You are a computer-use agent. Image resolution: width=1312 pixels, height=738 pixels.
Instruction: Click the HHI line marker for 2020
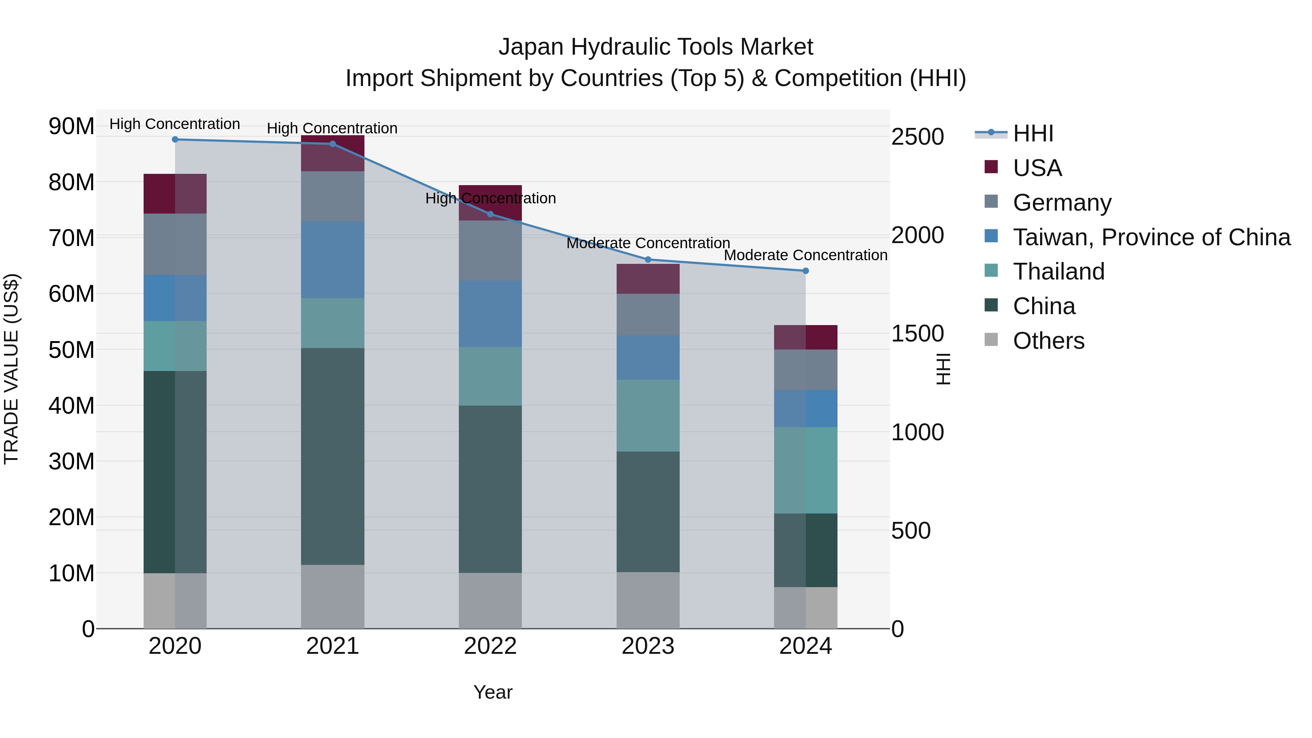(175, 140)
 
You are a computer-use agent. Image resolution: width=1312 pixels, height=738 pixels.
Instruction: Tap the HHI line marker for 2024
(806, 271)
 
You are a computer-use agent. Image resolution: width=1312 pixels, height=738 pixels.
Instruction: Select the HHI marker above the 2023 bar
(648, 260)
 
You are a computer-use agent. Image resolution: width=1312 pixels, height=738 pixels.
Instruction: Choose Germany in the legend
(1062, 203)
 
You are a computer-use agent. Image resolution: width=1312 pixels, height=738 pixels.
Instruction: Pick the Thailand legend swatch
(991, 270)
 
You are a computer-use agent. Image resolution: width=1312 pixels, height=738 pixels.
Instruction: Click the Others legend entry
(1048, 341)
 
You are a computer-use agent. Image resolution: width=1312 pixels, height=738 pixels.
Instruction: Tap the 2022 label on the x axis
(491, 646)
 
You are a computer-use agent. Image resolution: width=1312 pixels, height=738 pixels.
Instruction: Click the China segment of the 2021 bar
(333, 456)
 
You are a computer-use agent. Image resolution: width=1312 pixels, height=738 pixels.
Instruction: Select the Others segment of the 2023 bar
(648, 601)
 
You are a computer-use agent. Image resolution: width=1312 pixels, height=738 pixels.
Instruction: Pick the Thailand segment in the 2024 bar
(806, 470)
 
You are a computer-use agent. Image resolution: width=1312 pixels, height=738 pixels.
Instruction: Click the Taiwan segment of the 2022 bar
(491, 314)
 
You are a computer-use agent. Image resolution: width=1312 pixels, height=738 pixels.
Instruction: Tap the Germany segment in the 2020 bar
(175, 245)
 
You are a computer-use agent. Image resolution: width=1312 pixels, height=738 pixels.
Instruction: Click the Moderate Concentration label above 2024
(806, 255)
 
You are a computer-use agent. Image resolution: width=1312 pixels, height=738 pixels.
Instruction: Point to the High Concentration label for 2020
(175, 124)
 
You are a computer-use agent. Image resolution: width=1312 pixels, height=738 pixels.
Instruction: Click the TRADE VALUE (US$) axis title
(11, 369)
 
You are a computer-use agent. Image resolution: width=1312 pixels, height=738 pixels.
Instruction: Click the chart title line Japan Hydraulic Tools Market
(656, 47)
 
